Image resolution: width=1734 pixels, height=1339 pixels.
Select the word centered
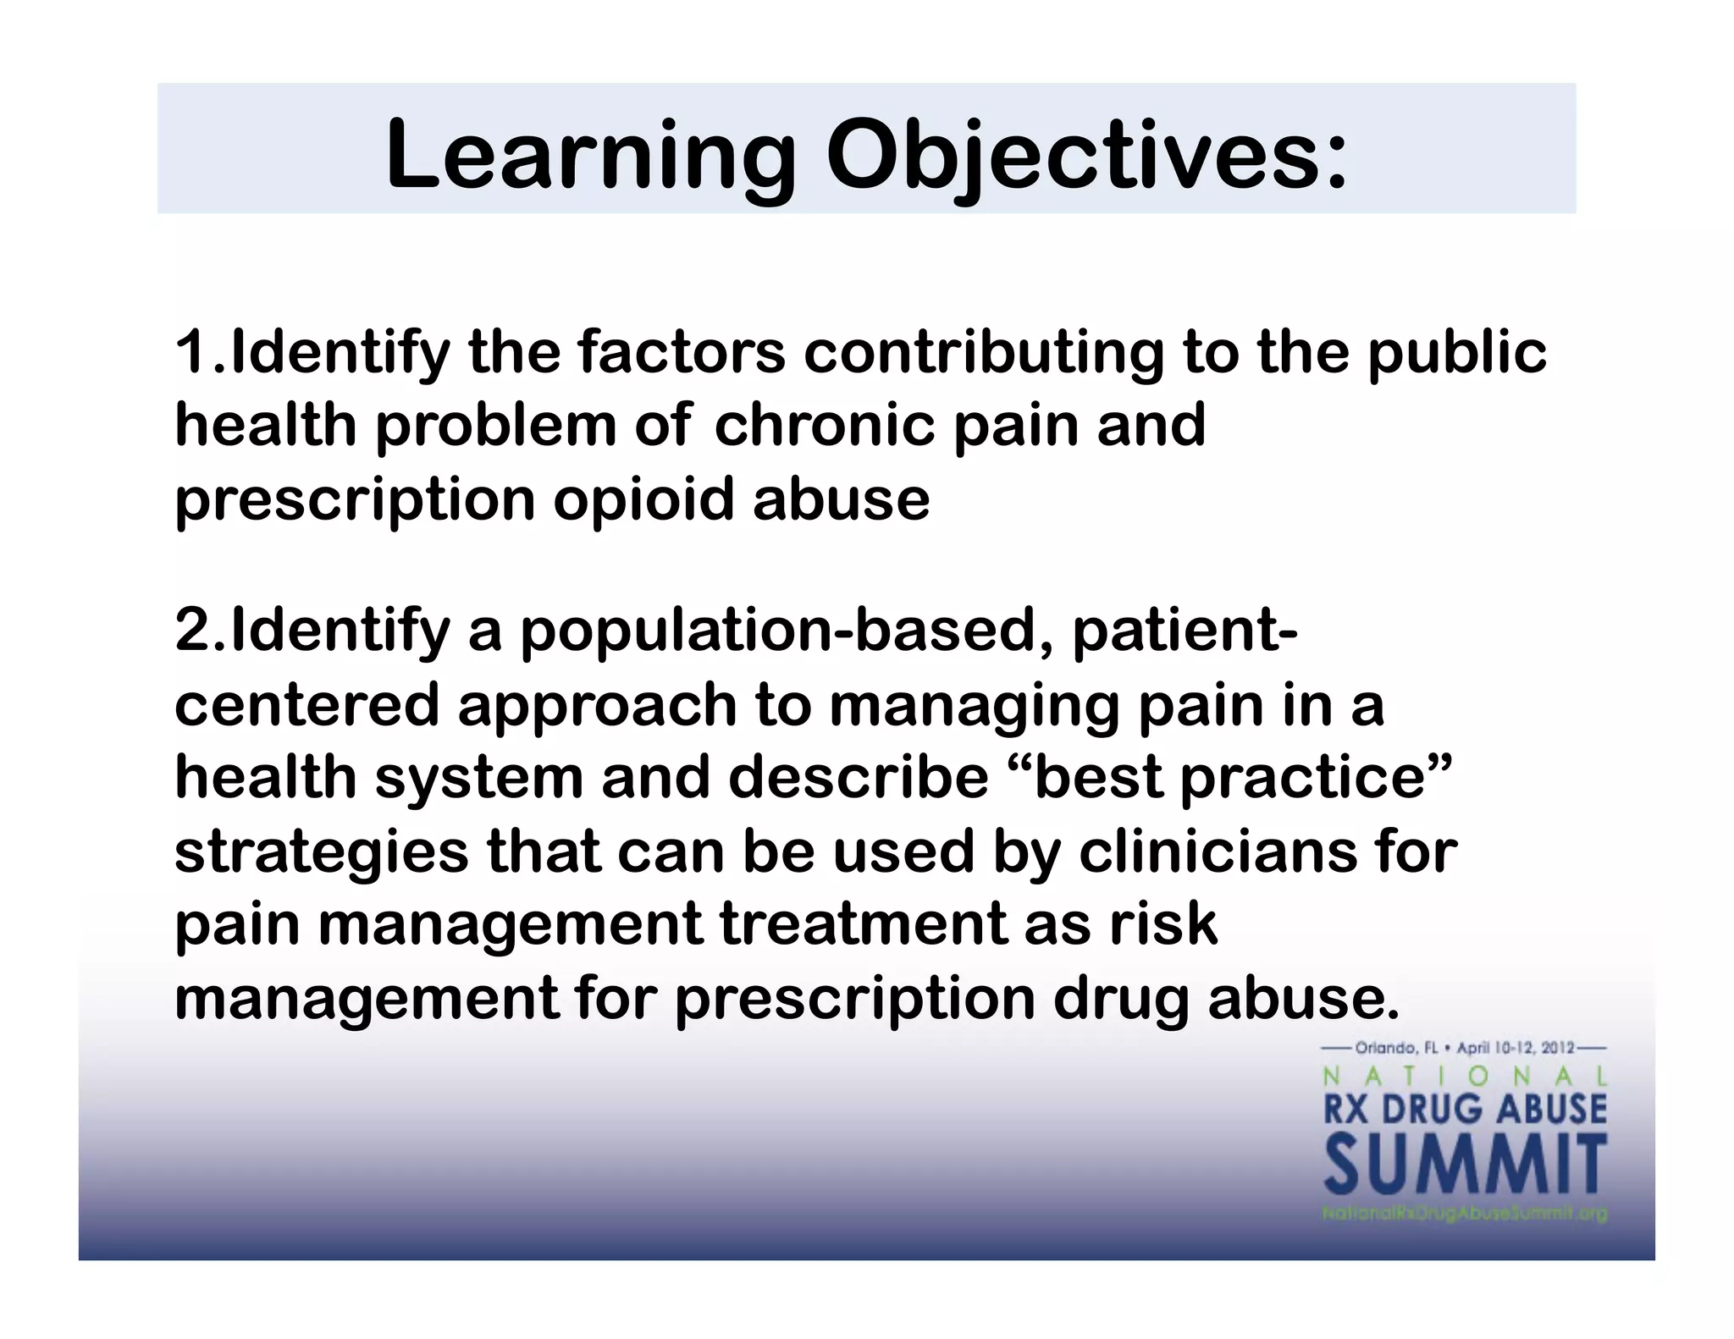click(x=306, y=705)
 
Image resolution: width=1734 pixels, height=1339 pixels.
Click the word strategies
click(x=321, y=852)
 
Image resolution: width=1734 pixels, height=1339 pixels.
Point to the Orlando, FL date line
click(x=1465, y=1049)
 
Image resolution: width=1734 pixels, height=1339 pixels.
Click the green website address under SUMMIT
click(x=1465, y=1214)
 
